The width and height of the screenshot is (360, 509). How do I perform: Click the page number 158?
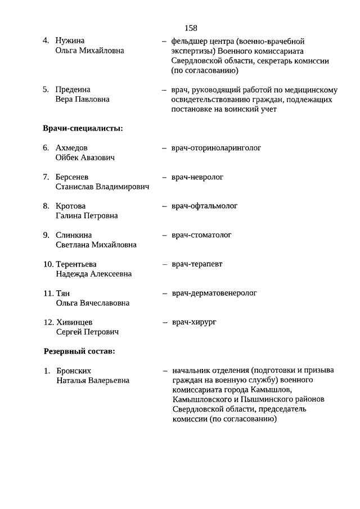[190, 28]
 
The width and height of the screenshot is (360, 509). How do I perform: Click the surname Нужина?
[70, 41]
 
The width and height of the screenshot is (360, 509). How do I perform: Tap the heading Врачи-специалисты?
[83, 129]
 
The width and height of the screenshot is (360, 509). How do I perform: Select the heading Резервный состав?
[79, 352]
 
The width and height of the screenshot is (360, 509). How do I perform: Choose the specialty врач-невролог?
[197, 177]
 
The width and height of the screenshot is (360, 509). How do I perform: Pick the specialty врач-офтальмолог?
[204, 206]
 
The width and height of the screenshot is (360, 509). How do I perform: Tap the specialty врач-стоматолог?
[201, 235]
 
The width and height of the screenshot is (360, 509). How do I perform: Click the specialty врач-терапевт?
[197, 264]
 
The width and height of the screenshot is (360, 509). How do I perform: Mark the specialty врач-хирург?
[194, 322]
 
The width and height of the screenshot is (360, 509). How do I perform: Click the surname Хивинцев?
[74, 322]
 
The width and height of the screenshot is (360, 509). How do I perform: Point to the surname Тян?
[63, 294]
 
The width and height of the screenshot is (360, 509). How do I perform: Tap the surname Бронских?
[74, 371]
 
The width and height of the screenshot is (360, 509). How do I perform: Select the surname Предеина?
[73, 89]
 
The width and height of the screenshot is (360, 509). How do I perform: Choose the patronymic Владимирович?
[121, 187]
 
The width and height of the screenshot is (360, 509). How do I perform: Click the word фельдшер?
[188, 41]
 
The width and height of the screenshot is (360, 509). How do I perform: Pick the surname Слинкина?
[74, 235]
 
